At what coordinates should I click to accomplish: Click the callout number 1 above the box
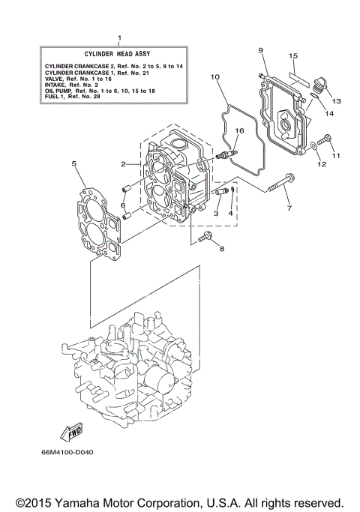coord(118,37)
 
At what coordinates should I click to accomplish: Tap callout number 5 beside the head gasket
coord(73,163)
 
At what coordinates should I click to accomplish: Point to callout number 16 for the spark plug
coord(240,130)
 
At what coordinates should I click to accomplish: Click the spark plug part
coord(226,157)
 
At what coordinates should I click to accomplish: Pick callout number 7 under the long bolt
coord(289,208)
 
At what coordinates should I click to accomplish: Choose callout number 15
coord(293,55)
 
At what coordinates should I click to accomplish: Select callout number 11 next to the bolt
coord(337,155)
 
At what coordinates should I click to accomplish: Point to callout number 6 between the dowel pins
coord(123,205)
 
